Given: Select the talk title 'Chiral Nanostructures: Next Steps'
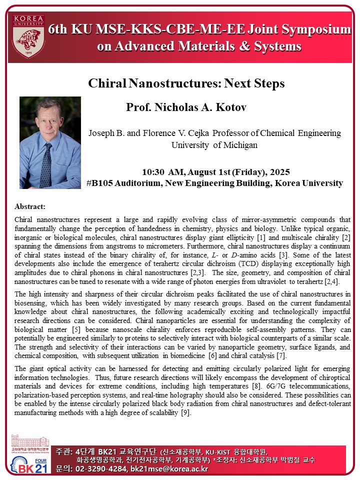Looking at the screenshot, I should point(186,83).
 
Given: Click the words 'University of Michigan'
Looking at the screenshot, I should point(214,145).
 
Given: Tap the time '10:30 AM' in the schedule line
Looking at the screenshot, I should point(160,172).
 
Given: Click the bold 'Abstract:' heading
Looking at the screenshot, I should point(30,206).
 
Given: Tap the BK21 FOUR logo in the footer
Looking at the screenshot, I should point(27,465).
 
